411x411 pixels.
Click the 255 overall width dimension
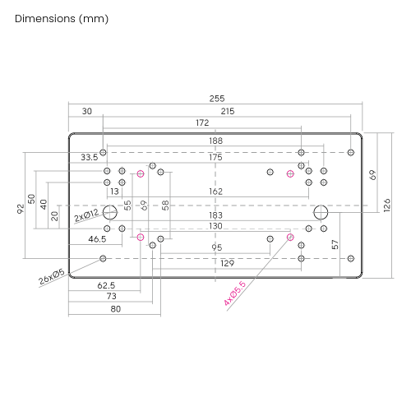pyautogui.click(x=217, y=99)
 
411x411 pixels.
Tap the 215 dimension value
pyautogui.click(x=228, y=111)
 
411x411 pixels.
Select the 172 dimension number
pyautogui.click(x=202, y=122)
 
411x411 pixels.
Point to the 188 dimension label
pyautogui.click(x=216, y=141)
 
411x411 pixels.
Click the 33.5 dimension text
pyautogui.click(x=90, y=157)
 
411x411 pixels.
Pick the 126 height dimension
pyautogui.click(x=387, y=205)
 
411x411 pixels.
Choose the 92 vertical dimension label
pyautogui.click(x=21, y=209)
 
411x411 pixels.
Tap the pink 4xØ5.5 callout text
pyautogui.click(x=234, y=293)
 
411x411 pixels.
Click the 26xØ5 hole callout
pyautogui.click(x=52, y=277)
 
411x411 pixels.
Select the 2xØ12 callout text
pyautogui.click(x=86, y=215)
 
